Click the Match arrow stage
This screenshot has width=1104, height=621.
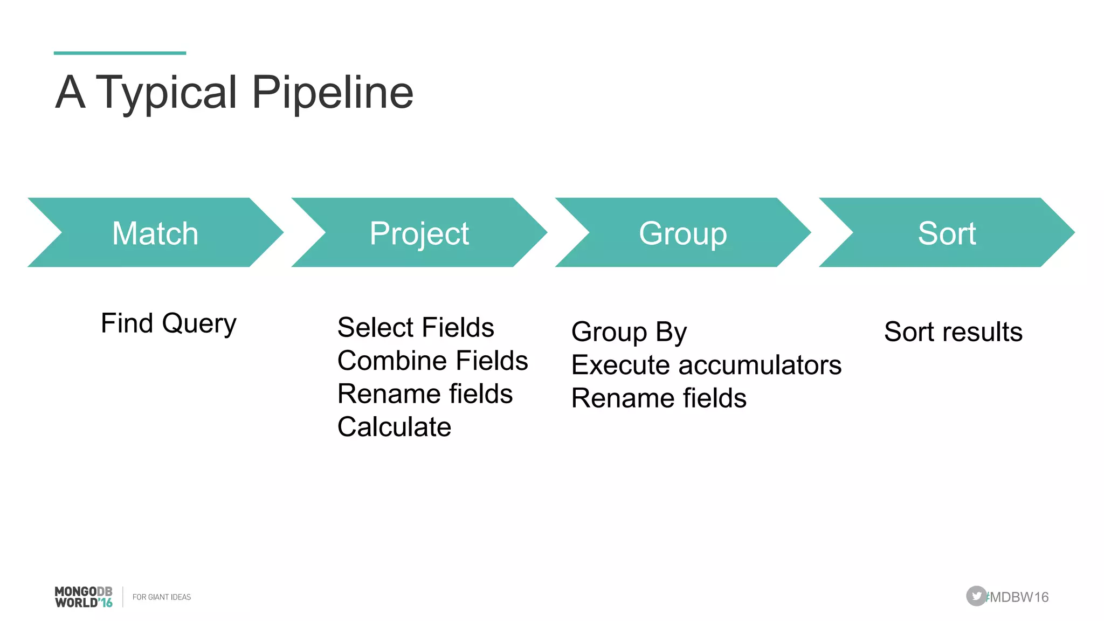tap(155, 233)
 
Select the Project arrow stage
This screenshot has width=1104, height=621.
tap(419, 233)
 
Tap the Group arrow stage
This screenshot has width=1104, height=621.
tap(682, 233)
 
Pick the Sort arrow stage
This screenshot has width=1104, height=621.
tap(947, 233)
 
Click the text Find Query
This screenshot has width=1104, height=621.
tap(168, 323)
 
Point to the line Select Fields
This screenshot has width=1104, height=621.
tap(416, 327)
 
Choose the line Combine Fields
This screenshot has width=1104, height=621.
tap(432, 361)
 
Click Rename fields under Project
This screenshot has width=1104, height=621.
tap(425, 394)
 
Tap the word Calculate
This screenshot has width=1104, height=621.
tap(394, 427)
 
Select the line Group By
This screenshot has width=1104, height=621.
tap(629, 332)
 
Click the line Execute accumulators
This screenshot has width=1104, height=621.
tap(706, 365)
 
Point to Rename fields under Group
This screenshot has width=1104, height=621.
tap(659, 398)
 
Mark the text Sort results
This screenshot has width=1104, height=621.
tap(953, 332)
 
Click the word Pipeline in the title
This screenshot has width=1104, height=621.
tap(332, 93)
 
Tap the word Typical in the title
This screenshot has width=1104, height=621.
tap(166, 93)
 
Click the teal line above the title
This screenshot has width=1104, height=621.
tap(120, 53)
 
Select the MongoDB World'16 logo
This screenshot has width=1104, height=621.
tap(84, 597)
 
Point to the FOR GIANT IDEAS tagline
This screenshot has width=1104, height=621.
tap(162, 597)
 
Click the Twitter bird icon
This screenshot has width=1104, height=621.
tap(976, 596)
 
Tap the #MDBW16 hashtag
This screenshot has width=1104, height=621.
tap(1018, 597)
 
